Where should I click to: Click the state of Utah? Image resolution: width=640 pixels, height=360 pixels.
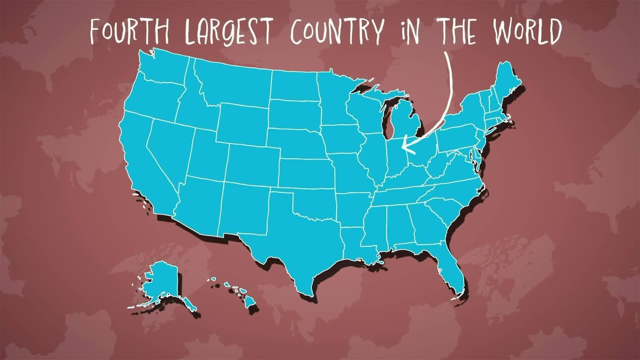pos(208,153)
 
